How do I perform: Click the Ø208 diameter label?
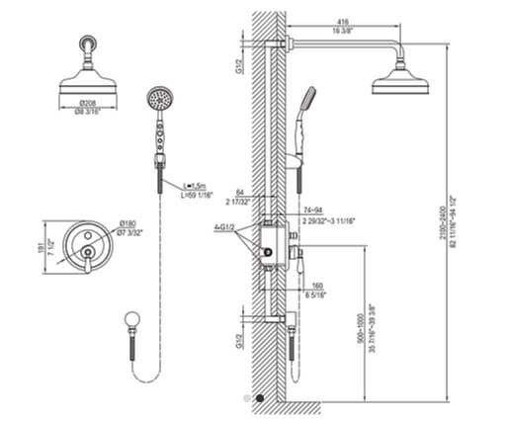tap(88, 102)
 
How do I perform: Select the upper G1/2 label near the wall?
tap(238, 66)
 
